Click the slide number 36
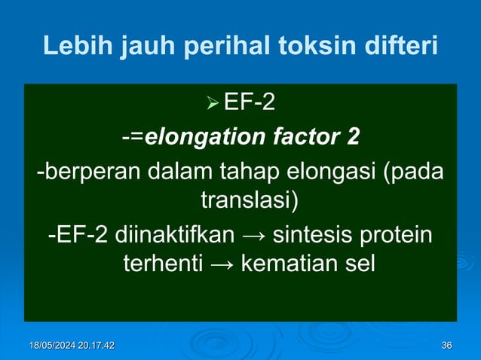446,345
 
